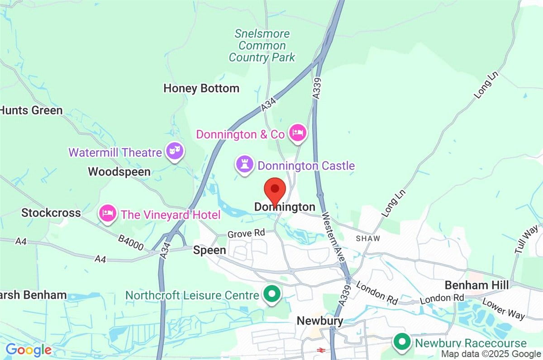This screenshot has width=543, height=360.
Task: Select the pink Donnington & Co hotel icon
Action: coord(298,133)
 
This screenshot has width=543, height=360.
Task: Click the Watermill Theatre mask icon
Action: coord(174,151)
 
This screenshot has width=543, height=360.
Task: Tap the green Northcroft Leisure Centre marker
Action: coord(272,294)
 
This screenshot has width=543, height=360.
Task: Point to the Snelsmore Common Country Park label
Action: coord(262,46)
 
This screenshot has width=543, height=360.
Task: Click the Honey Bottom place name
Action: coord(201,88)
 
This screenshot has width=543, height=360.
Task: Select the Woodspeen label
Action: coord(119,172)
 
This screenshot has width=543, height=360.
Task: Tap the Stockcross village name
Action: coord(51,213)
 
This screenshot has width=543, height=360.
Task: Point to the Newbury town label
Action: coord(319,321)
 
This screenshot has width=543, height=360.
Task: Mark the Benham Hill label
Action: coord(476,285)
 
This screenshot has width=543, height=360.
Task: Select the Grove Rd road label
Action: coord(245,234)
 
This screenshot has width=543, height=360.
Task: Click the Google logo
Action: coord(28,349)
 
